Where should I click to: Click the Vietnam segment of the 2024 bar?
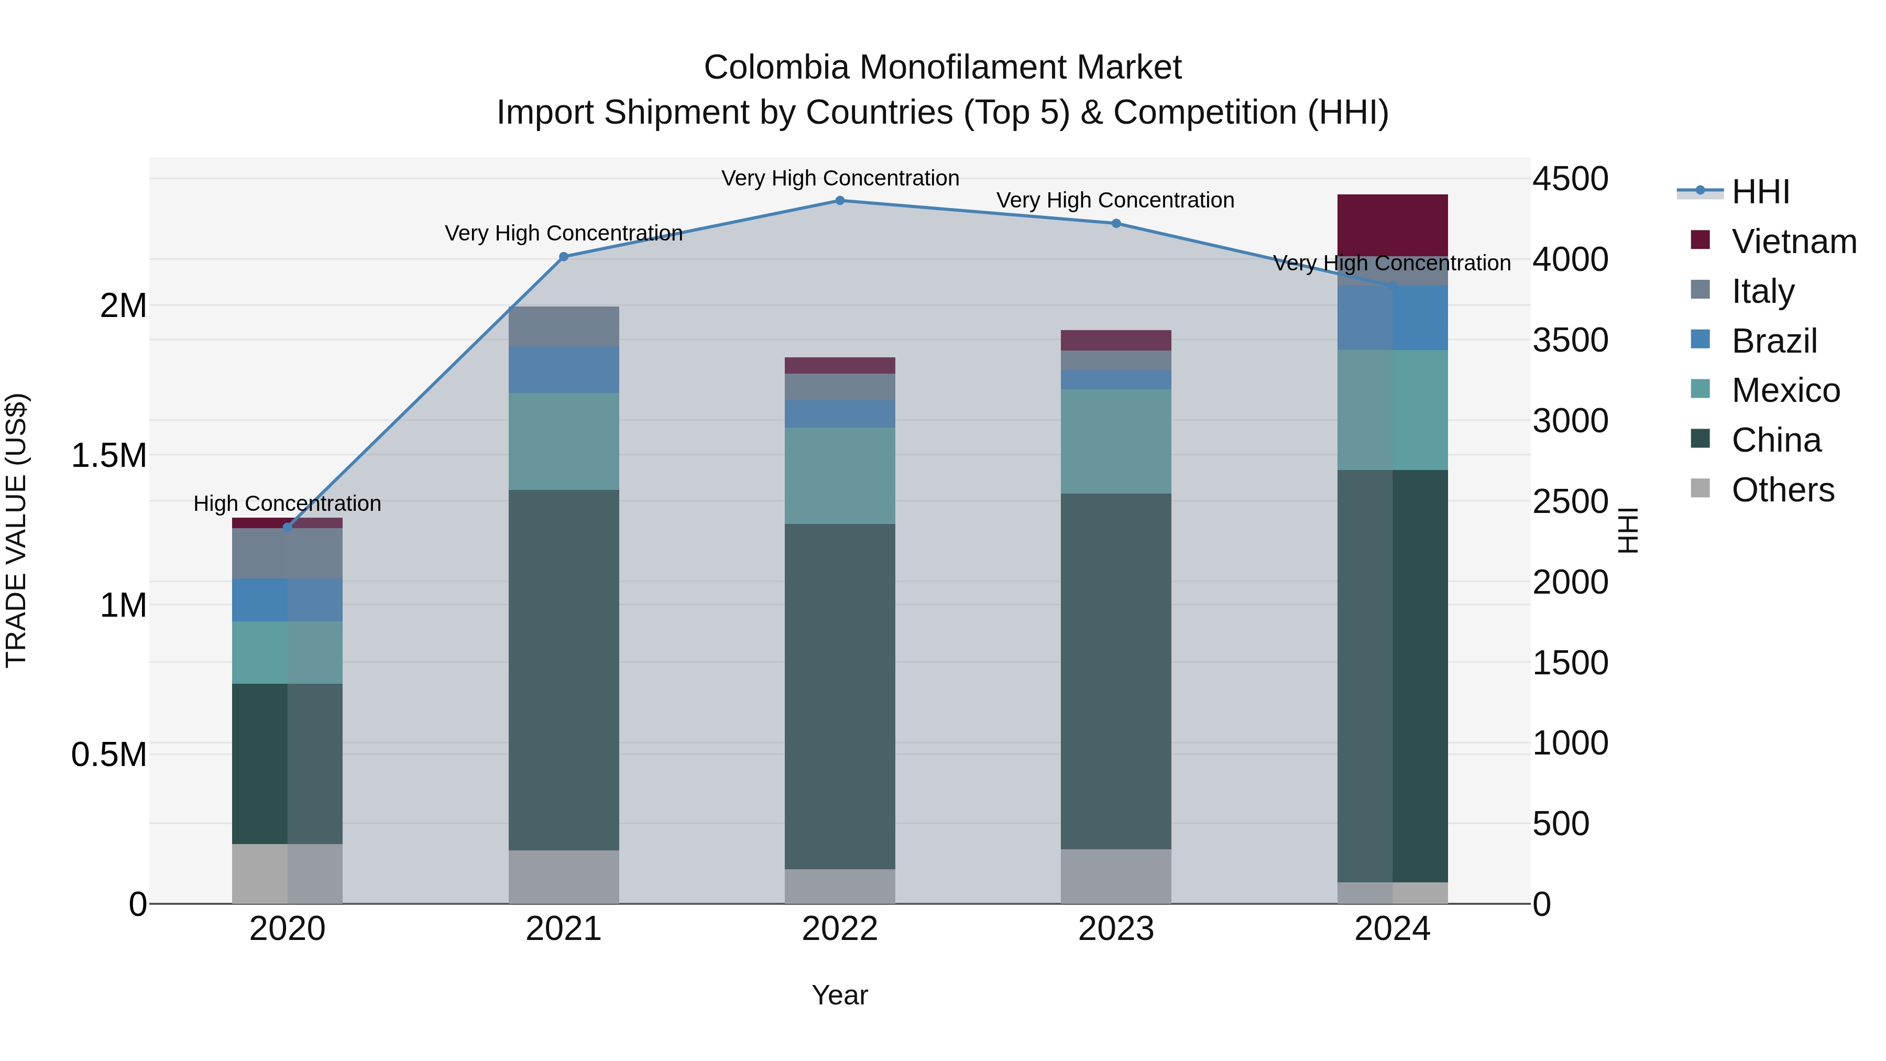[1392, 225]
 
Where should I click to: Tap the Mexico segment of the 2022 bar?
[840, 475]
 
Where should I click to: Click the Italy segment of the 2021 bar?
[564, 326]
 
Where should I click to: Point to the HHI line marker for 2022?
[840, 201]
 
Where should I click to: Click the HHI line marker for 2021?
[564, 257]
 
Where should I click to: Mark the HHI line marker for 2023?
[1116, 223]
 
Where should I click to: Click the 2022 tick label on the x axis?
[840, 928]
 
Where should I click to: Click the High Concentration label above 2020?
[287, 504]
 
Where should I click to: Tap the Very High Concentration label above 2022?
[840, 178]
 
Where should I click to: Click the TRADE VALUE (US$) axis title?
[16, 530]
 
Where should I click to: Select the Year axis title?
[840, 995]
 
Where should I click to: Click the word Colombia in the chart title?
[777, 68]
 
